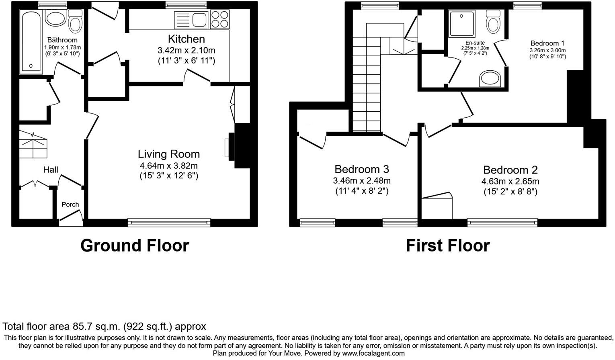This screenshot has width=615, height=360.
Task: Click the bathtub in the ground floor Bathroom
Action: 31,41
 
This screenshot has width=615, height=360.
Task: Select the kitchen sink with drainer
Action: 191,20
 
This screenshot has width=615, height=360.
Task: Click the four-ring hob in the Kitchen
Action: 219,19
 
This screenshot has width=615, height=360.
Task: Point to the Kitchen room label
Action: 186,39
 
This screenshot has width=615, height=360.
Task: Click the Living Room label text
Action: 168,154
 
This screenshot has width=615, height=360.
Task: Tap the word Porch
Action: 70,205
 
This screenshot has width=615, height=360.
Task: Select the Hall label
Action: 51,170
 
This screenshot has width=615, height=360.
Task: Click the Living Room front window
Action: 169,222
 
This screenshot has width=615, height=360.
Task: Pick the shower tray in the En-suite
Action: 461,24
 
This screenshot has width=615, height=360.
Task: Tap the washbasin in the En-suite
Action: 490,79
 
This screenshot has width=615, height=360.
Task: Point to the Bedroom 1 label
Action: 547,43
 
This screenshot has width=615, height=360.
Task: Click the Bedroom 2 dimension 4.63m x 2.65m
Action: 510,182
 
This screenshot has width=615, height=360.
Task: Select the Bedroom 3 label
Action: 361,169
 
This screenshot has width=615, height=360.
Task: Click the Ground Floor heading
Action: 135,245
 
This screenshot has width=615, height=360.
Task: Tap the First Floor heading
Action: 447,245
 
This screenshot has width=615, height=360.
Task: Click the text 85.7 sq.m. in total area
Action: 96,326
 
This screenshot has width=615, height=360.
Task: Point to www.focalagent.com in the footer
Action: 373,354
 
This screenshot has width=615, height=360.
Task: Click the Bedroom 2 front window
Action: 502,222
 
